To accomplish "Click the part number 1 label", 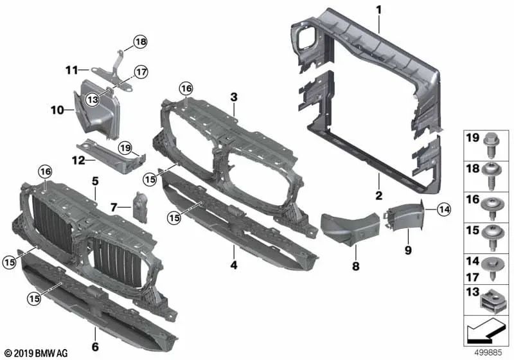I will tap(379, 10).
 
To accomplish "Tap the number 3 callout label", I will tap(234, 97).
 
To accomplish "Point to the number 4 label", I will tap(234, 264).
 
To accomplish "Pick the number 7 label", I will tap(113, 207).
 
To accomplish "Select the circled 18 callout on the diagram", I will tap(140, 43).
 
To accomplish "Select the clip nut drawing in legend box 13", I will tap(497, 299).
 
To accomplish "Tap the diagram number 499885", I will tap(488, 353).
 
